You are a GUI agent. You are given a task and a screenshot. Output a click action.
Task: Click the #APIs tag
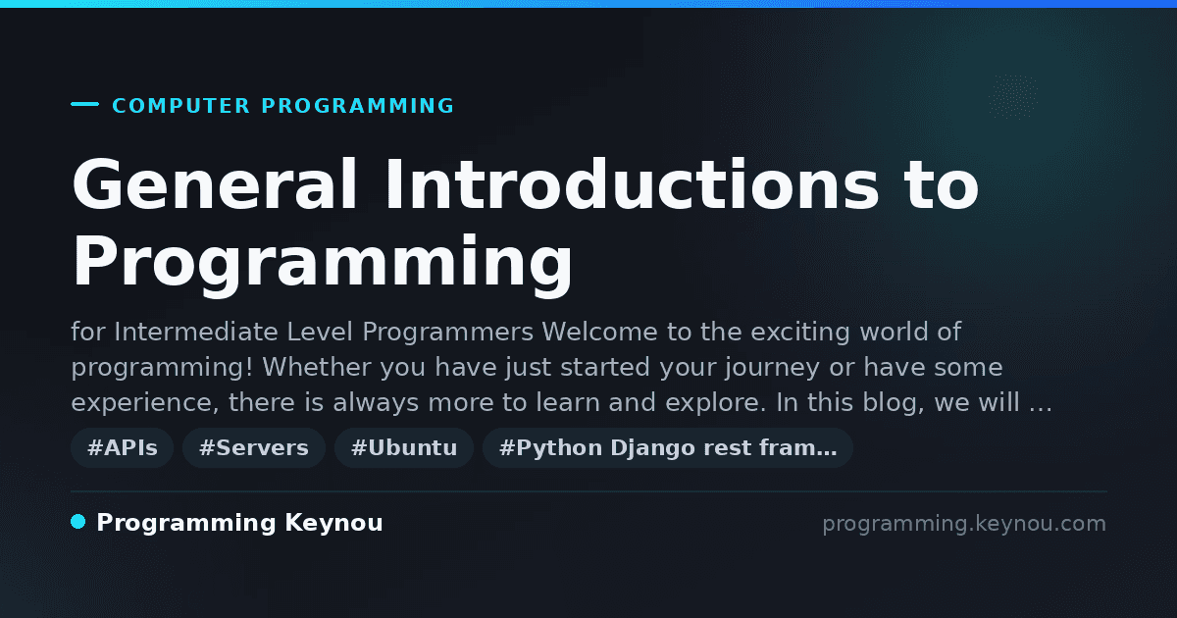122,447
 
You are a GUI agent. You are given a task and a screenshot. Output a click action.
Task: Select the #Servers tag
254,447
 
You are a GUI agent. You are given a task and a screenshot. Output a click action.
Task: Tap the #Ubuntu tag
404,447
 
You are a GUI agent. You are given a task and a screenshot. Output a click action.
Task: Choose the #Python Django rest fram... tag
668,447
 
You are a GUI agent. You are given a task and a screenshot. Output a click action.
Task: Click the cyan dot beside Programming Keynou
78,522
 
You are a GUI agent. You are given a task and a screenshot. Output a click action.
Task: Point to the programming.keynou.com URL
964,524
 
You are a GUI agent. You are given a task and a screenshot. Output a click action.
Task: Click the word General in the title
215,184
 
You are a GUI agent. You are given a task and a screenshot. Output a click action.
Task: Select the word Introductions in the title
632,184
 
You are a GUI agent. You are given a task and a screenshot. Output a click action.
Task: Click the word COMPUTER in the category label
181,106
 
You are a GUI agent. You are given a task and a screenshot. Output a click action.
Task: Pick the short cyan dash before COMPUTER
85,104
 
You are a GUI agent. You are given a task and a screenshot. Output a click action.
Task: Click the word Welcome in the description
599,333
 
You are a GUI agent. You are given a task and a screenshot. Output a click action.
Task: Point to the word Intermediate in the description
196,333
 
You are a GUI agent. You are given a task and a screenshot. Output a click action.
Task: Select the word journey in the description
772,368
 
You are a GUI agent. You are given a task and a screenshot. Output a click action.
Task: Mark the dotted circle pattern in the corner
1013,97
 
